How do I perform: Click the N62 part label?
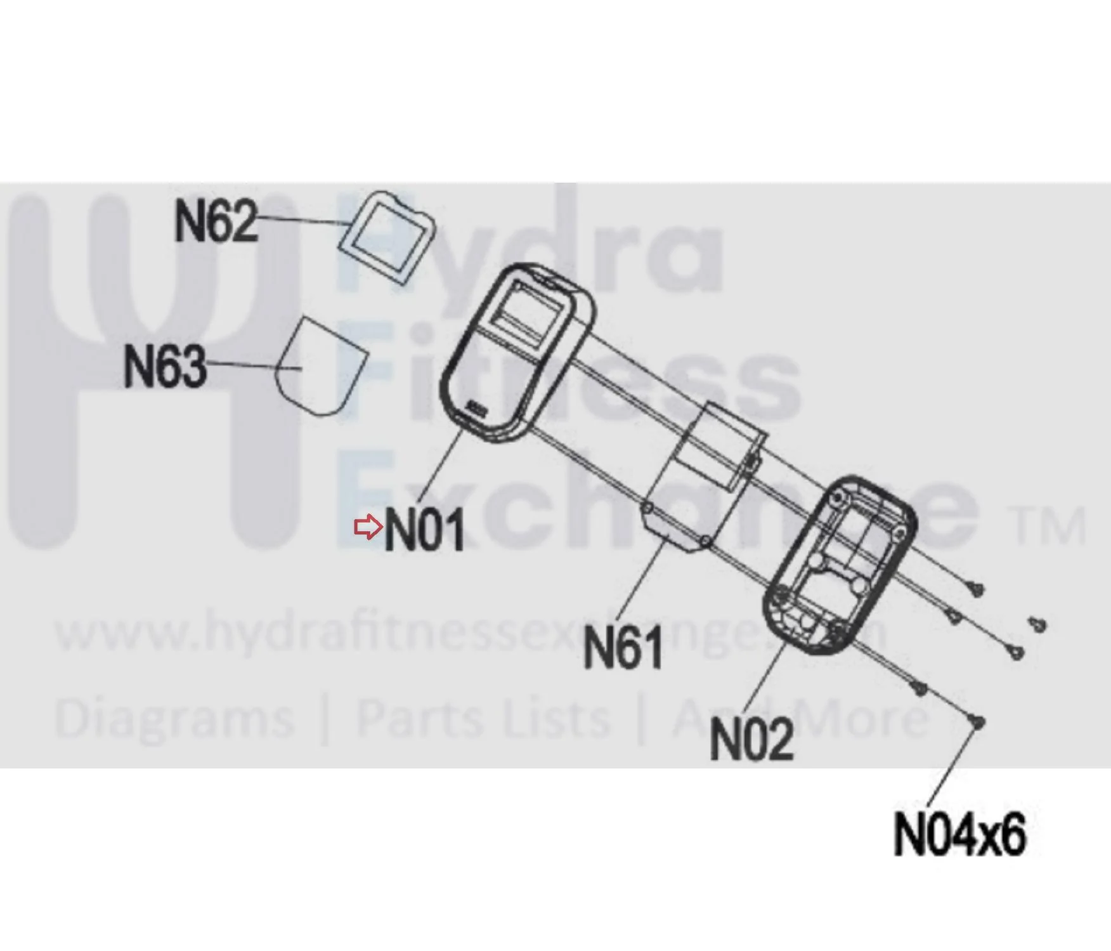tap(216, 220)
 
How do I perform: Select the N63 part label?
tap(165, 365)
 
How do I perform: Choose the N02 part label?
tap(752, 739)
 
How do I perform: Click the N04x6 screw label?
tap(959, 834)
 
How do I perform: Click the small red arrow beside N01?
tap(368, 527)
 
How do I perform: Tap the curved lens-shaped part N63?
tap(321, 367)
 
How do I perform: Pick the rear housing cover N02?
tap(840, 565)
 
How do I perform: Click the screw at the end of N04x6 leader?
tap(977, 722)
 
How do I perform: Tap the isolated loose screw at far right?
tap(1037, 624)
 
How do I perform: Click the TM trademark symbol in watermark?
tap(1049, 527)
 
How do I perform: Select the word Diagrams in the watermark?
tap(174, 719)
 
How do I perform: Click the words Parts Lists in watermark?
tap(483, 718)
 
